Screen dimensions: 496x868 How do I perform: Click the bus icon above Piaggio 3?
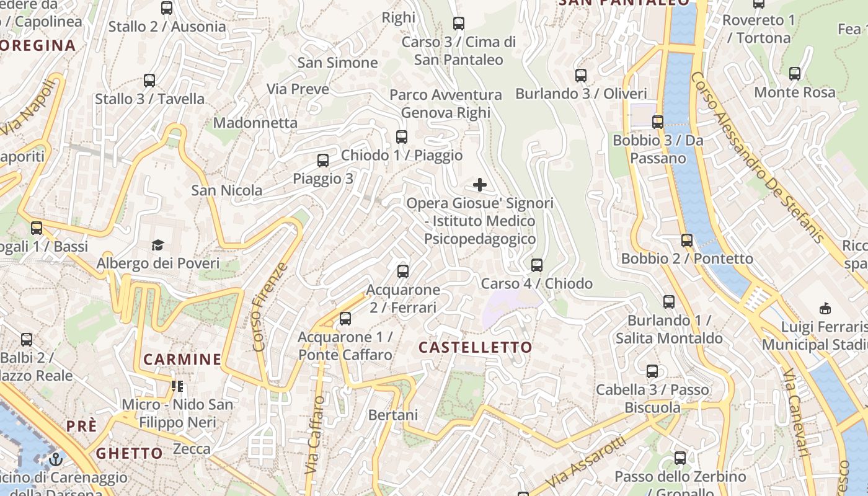pos(323,161)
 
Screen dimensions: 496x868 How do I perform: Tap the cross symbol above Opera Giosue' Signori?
pos(480,185)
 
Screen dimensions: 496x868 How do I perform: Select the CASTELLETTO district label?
pos(476,347)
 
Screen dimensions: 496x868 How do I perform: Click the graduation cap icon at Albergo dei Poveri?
pos(158,246)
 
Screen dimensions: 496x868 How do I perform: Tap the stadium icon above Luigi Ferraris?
pos(825,308)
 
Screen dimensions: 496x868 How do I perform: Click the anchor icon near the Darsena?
pos(56,459)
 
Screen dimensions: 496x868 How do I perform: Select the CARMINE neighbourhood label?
pos(182,359)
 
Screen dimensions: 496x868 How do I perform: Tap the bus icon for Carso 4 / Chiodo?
pos(537,265)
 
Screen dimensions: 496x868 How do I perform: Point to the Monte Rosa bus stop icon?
pos(795,74)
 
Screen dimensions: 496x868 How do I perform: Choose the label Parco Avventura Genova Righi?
pos(446,104)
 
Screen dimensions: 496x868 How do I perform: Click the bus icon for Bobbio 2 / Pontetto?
pos(687,241)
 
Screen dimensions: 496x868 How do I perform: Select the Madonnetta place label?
pos(255,123)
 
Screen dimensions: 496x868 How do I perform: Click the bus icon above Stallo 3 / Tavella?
pos(149,81)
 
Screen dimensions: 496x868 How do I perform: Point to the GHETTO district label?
pos(129,453)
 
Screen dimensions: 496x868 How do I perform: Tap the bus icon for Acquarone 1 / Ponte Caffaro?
pos(345,319)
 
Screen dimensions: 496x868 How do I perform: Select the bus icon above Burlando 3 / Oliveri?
pos(581,76)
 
